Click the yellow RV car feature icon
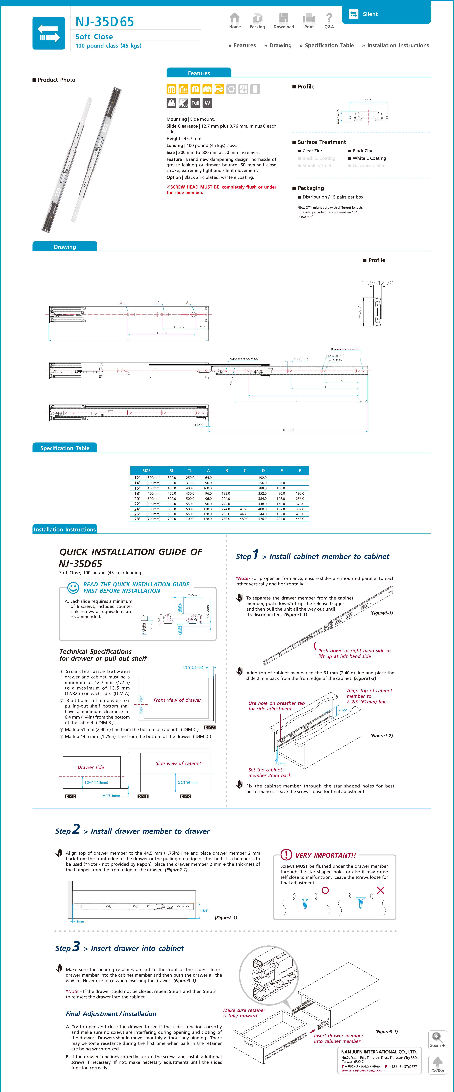tap(219, 89)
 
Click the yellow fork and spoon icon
tap(195, 89)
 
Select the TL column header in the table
tap(190, 471)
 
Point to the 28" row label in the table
tap(137, 519)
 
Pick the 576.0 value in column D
tap(263, 519)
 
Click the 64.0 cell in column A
tap(208, 478)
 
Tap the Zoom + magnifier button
tap(437, 1039)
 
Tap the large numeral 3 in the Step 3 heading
tap(76, 947)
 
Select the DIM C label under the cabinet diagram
tap(186, 797)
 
